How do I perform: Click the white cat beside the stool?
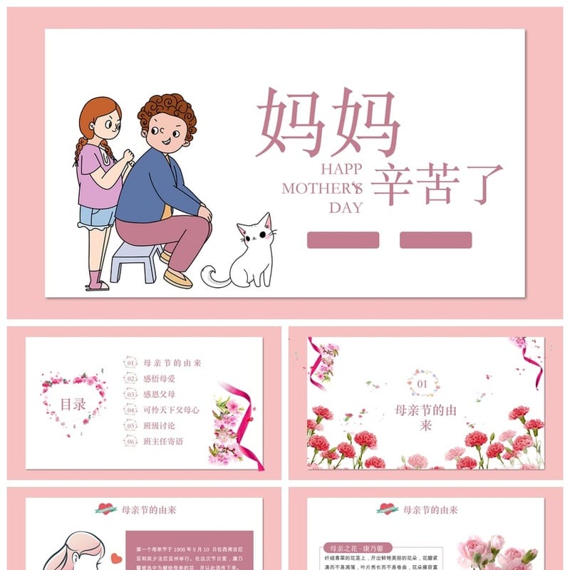(254, 253)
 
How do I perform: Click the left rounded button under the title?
(343, 240)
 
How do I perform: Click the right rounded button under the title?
(435, 240)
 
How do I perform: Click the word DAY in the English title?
(346, 208)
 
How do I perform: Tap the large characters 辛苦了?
(437, 184)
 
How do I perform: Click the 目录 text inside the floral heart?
(73, 404)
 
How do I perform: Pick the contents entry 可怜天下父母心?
(172, 410)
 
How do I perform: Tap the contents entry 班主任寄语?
(164, 441)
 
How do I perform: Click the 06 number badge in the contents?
(130, 441)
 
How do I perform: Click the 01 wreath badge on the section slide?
(423, 383)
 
